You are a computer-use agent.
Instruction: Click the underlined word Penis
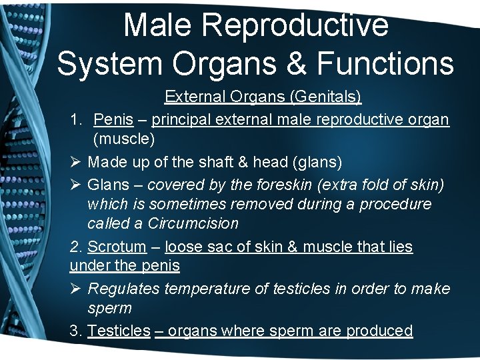[113, 120]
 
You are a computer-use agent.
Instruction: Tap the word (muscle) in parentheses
[124, 140]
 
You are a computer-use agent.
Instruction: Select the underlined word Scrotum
[117, 247]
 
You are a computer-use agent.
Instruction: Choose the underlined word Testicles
[119, 331]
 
